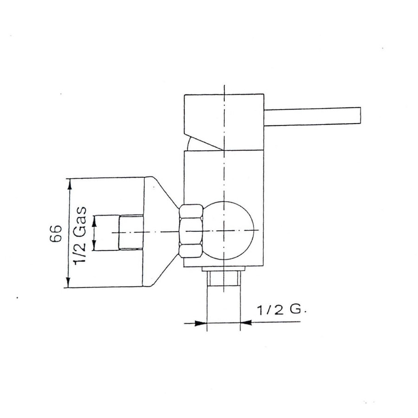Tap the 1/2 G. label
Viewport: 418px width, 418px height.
click(x=281, y=310)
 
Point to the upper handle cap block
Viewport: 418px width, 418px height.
click(x=224, y=122)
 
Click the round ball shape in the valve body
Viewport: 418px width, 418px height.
click(x=229, y=230)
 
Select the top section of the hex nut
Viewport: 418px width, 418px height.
click(x=191, y=211)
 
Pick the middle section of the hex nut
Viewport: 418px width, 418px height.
click(x=191, y=231)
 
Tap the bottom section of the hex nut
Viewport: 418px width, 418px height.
click(x=191, y=251)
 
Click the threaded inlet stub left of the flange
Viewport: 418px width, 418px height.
click(x=131, y=233)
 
